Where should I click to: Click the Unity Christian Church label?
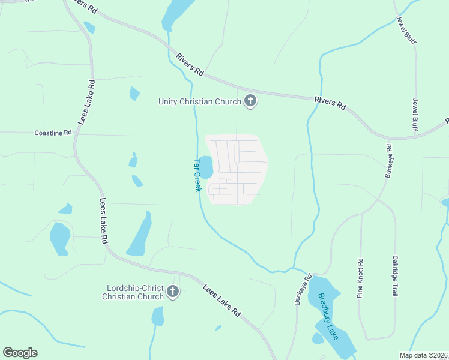[x=199, y=101]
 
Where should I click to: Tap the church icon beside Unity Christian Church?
[x=251, y=102]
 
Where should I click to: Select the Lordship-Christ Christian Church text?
[x=133, y=292]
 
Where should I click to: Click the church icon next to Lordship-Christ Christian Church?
[x=173, y=292]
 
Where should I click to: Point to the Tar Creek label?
[x=196, y=175]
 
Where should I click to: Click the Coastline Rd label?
[x=53, y=133]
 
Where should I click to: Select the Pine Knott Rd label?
[x=360, y=278]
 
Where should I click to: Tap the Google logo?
[x=20, y=353]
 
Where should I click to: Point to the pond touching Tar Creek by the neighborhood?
[x=205, y=167]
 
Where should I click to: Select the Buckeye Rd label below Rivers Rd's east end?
[x=388, y=161]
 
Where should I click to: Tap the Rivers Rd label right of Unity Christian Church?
[x=330, y=102]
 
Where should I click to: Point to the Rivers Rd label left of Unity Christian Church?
[x=190, y=64]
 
